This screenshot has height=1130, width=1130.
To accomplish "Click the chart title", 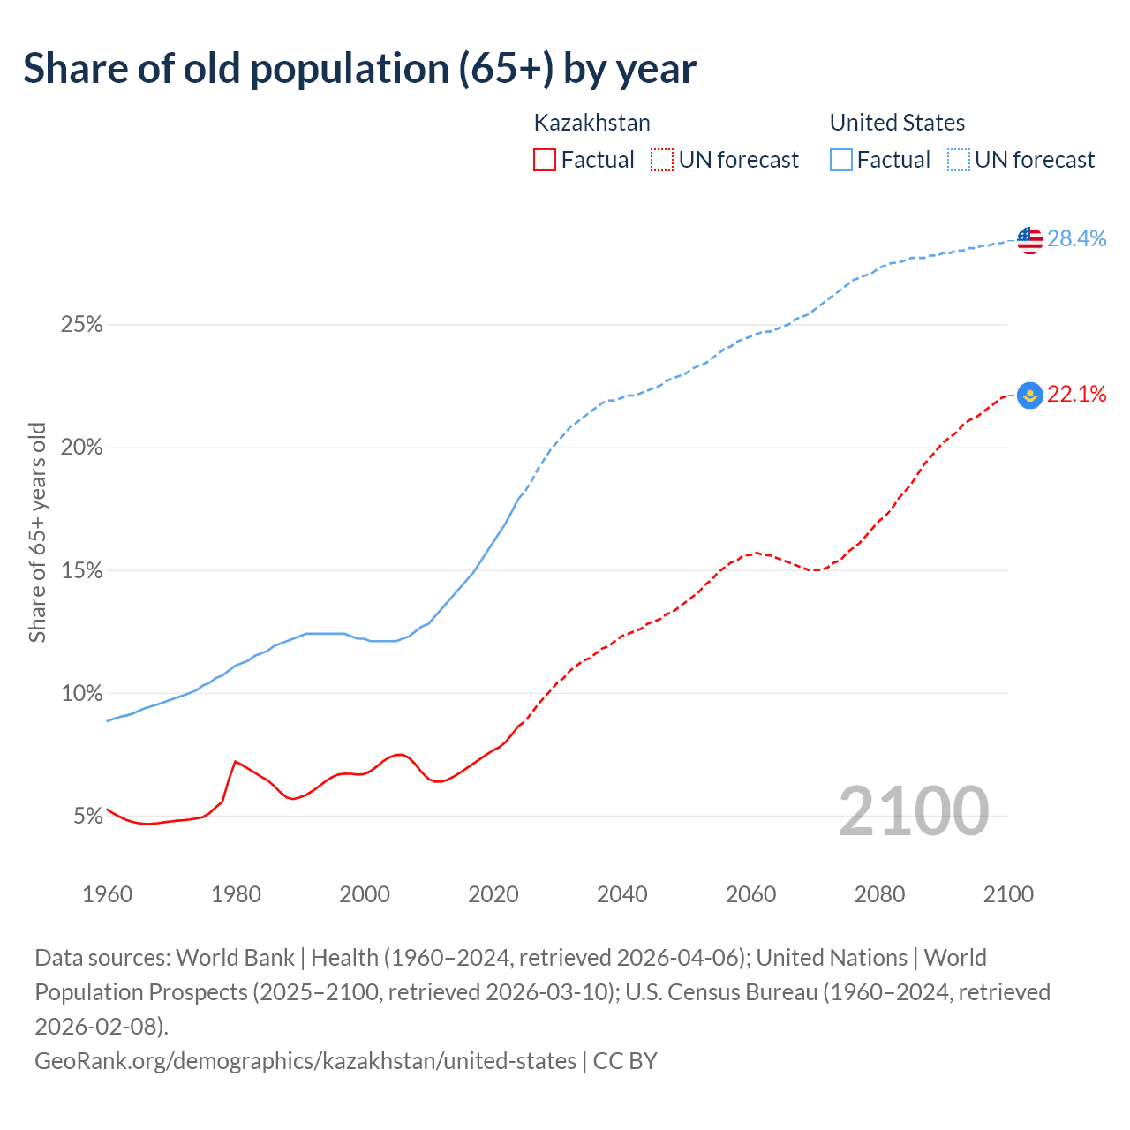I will click(x=360, y=69).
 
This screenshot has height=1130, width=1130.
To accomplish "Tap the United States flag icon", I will click(x=1029, y=239).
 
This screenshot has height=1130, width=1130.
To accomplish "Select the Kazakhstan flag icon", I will click(x=1029, y=395).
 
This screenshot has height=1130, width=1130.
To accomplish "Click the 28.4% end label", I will click(x=1077, y=238).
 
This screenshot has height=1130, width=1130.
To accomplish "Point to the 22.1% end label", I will click(x=1077, y=394).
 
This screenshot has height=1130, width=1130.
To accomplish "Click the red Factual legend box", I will click(x=545, y=160).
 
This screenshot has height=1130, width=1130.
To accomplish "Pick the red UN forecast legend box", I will click(x=662, y=160).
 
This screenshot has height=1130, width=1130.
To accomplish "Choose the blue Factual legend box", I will click(x=841, y=160).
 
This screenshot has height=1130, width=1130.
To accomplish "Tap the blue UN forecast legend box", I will click(x=958, y=160).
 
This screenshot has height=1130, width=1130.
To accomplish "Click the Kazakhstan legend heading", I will click(x=592, y=123).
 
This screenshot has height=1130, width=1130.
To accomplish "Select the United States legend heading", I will click(x=897, y=123).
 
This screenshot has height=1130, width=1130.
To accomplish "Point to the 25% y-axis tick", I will click(x=82, y=325).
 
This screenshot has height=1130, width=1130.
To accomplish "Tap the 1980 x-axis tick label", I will click(x=236, y=894).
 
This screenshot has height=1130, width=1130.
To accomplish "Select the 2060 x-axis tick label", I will click(x=750, y=894).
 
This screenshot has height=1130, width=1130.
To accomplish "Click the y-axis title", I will click(x=37, y=532).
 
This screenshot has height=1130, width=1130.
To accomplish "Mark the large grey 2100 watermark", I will click(x=913, y=811).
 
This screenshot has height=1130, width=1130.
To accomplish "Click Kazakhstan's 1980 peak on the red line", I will click(x=235, y=761).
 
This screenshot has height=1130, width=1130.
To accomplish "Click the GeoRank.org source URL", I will click(x=305, y=1060).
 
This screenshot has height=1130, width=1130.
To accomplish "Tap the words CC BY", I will click(x=625, y=1060).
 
